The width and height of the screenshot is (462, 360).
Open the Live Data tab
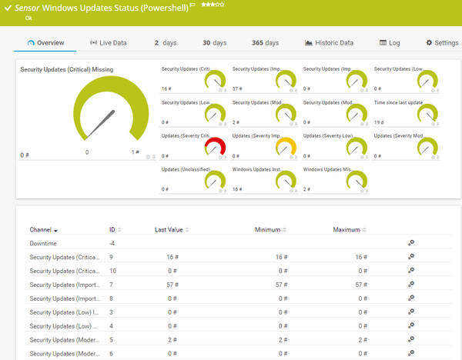click(x=108, y=43)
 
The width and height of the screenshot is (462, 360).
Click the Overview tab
click(x=45, y=43)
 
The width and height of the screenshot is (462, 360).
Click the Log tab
click(x=389, y=43)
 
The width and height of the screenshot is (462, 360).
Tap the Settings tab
click(x=441, y=43)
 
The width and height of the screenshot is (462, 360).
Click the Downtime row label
click(x=42, y=243)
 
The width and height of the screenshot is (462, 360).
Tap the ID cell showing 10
click(x=113, y=271)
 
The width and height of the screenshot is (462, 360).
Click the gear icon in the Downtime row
click(x=411, y=243)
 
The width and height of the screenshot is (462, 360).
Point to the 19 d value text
click(x=380, y=122)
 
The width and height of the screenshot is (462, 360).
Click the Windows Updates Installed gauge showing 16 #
click(x=287, y=179)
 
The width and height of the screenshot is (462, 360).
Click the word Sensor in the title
click(x=29, y=8)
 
